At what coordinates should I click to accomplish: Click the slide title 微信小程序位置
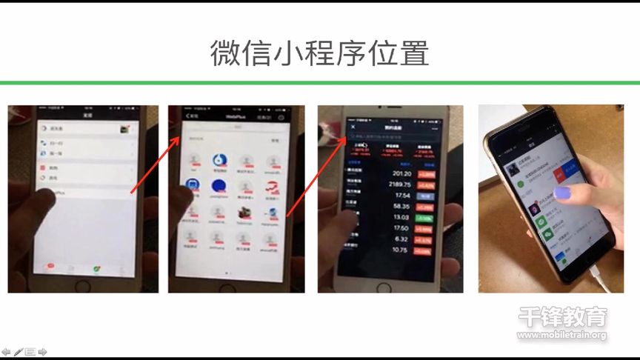pos(319,54)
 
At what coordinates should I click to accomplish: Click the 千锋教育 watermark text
pos(562,317)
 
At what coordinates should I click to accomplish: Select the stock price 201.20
pos(398,174)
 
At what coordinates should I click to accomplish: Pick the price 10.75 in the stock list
pos(400,250)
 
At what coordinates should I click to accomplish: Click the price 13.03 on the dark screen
pos(401,216)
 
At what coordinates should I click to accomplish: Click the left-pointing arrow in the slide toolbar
pos(6,352)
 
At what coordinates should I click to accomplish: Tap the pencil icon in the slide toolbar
pos(18,352)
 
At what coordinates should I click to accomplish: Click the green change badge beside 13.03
pos(424,217)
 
